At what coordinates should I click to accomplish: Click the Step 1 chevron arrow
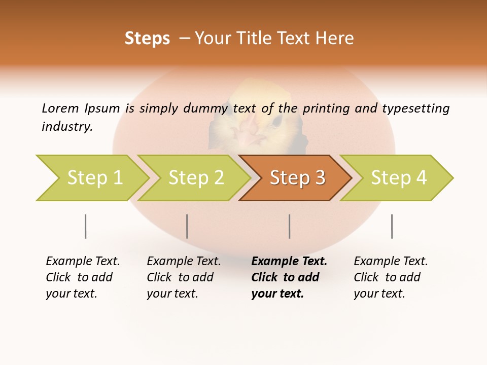(94, 178)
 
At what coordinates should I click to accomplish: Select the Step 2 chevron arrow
(196, 178)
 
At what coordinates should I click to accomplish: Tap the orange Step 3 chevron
(297, 178)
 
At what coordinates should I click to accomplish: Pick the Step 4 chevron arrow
(399, 178)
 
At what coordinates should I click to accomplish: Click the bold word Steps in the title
(147, 39)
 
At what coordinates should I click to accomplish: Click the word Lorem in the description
(60, 108)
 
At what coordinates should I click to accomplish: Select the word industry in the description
(67, 126)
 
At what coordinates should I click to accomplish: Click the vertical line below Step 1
(86, 226)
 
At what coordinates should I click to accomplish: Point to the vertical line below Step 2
(187, 226)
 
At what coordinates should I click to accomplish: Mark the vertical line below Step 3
(290, 226)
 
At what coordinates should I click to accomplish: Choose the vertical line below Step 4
(392, 226)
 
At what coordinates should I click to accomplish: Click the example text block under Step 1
(83, 277)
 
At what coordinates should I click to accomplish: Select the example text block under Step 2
(184, 277)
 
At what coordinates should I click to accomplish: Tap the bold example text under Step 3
(289, 277)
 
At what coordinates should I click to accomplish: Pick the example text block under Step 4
(391, 277)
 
